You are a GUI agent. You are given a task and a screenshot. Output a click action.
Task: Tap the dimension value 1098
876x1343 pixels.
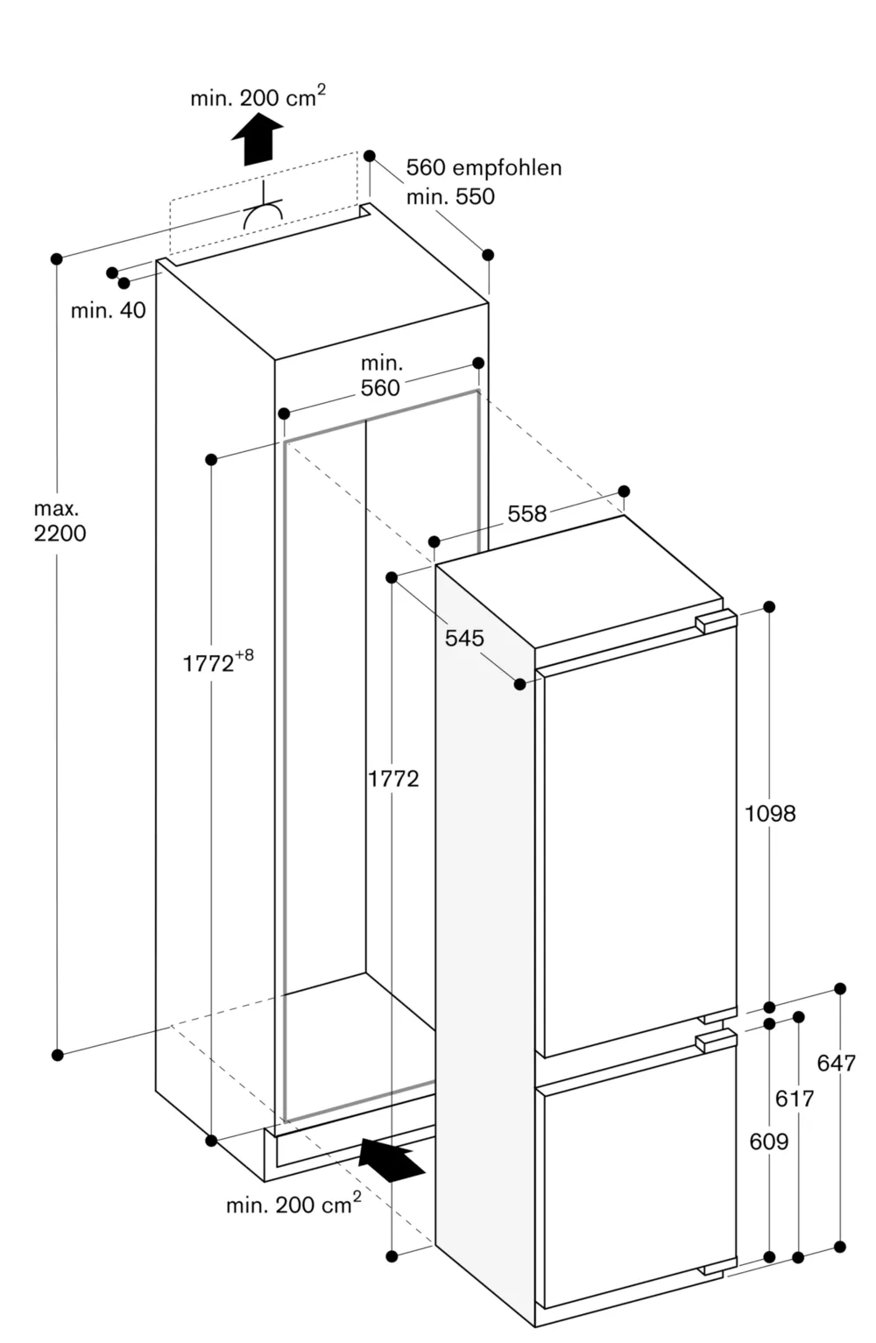click(770, 814)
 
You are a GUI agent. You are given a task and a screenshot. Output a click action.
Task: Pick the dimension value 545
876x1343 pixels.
click(464, 638)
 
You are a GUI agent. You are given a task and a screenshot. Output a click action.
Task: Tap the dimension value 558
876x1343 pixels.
click(527, 514)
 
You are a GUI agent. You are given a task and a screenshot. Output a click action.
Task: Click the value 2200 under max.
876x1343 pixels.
click(60, 533)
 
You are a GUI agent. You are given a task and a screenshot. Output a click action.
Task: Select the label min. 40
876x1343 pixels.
click(108, 310)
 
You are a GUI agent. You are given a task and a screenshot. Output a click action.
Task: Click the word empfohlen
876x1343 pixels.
click(506, 168)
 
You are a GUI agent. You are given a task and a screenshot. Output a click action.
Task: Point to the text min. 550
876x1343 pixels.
click(450, 196)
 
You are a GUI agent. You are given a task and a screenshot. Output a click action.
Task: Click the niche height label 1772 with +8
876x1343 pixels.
click(217, 661)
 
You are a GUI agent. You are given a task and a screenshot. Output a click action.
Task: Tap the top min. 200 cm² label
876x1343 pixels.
click(258, 96)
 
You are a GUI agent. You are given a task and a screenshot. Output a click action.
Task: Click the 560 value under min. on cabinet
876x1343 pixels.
click(380, 388)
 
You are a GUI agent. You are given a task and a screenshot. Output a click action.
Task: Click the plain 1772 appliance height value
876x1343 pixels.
click(393, 779)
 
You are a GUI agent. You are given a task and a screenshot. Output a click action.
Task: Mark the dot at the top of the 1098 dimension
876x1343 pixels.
click(770, 607)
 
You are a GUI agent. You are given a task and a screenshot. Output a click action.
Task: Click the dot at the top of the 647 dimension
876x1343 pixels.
click(840, 988)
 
